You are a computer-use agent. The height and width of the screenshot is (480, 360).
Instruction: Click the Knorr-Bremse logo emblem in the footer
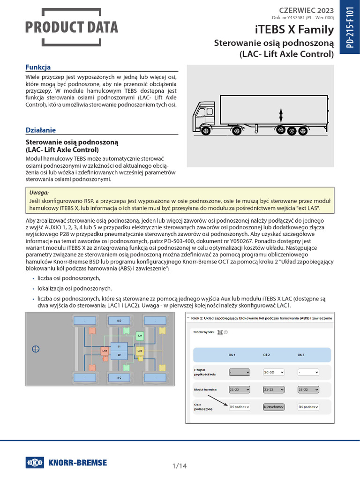pos(35,463)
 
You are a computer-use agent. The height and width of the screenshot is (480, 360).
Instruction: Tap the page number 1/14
pos(180,466)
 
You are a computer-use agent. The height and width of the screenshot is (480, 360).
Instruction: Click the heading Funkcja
pos(38,67)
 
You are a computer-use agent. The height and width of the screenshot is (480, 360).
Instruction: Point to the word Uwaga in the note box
pos(39,192)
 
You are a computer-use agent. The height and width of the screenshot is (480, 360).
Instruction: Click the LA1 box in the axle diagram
pos(105,350)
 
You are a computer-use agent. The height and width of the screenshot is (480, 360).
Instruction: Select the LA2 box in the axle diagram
pos(139,350)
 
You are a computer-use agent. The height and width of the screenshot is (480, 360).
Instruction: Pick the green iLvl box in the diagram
pos(139,336)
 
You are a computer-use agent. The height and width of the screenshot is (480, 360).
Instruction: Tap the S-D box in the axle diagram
pos(119,321)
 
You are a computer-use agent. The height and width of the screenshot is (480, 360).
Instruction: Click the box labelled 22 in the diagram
pos(119,355)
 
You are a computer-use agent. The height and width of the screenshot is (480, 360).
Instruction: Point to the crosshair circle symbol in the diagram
pos(35,349)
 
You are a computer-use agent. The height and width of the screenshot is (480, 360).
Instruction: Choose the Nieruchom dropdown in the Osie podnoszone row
pos(274,407)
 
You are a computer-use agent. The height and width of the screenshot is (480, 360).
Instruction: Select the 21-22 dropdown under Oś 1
pos(239,389)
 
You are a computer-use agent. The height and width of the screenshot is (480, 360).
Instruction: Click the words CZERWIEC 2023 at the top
pos(307,10)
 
